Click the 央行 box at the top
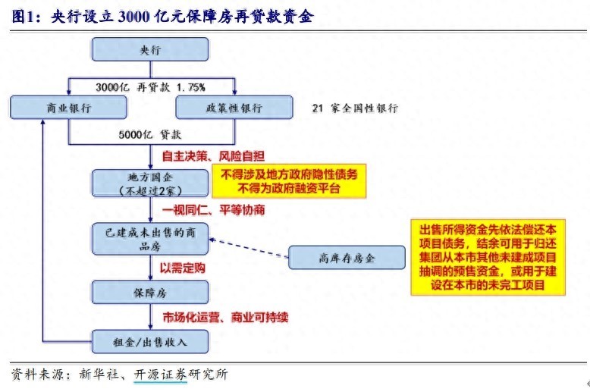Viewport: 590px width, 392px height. point(150,49)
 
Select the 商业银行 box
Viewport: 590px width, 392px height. point(68,108)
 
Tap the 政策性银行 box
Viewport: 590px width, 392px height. point(234,108)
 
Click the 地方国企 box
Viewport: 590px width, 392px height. point(150,183)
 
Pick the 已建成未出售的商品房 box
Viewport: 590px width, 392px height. point(150,239)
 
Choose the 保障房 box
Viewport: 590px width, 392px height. point(150,293)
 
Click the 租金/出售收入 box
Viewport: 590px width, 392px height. point(150,342)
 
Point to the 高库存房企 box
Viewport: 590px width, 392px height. point(347,258)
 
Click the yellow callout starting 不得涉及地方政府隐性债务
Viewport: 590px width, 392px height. point(289,181)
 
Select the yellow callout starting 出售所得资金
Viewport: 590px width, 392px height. point(488,257)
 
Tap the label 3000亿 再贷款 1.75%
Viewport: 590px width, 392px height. point(150,87)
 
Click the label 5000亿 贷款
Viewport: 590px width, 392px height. point(149,134)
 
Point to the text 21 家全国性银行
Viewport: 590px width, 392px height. point(354,108)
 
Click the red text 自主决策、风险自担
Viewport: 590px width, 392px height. point(213,155)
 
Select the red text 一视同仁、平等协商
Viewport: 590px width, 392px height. point(213,209)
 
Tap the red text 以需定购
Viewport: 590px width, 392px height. point(183,268)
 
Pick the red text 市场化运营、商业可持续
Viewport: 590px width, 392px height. point(225,317)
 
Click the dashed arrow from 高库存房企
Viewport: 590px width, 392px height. point(249,248)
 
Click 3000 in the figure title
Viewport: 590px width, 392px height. point(134,17)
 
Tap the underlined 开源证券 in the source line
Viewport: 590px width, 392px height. point(160,375)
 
